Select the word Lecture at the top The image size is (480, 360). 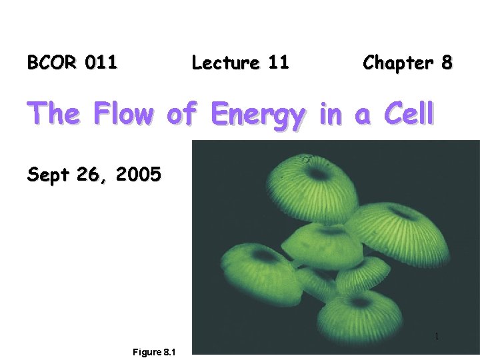[225, 63]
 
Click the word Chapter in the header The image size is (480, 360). [397, 63]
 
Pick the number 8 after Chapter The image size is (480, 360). [446, 63]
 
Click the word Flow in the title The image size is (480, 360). [123, 114]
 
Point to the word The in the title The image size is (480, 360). [52, 114]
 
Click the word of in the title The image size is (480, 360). [181, 114]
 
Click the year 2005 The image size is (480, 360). [138, 175]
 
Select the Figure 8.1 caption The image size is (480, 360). [153, 352]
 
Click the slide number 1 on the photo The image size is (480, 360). [437, 337]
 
